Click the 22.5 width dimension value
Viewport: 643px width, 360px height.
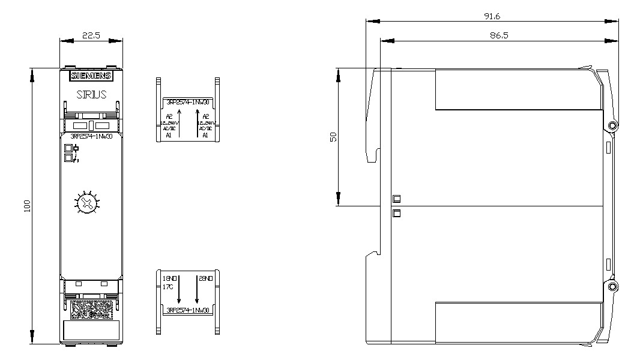(91, 35)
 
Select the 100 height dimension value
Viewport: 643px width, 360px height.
(26, 206)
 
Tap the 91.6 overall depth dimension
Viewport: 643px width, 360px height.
(493, 16)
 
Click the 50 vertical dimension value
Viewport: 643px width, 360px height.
(334, 137)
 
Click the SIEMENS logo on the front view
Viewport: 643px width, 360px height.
(91, 76)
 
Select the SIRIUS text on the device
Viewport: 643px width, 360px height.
(91, 94)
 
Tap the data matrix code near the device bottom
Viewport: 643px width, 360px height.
(91, 309)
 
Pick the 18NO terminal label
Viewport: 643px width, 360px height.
(170, 279)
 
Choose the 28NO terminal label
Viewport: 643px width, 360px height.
(205, 279)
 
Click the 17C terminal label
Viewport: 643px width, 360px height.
(168, 287)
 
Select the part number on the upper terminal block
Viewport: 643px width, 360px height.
(187, 101)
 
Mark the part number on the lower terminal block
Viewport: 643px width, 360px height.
(187, 310)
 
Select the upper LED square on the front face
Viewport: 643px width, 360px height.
(68, 148)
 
